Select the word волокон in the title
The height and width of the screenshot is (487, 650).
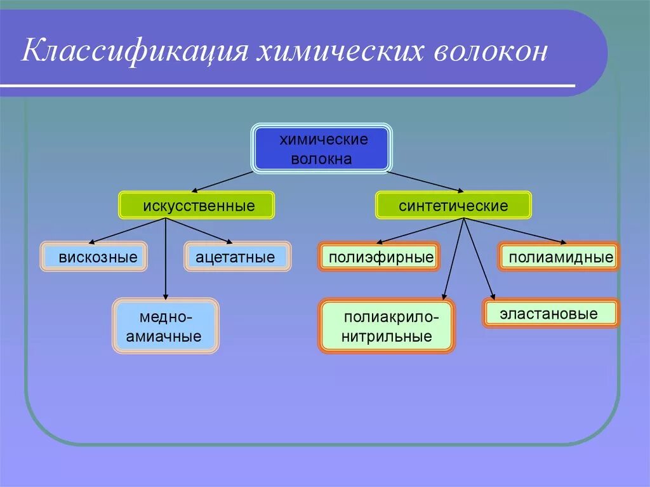(490, 51)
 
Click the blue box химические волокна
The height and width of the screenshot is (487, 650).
(322, 149)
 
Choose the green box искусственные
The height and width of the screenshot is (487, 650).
(197, 206)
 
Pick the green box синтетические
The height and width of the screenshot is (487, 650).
(453, 206)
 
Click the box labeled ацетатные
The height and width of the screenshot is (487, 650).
(237, 257)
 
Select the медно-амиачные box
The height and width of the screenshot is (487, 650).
(166, 326)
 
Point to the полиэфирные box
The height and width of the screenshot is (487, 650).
(379, 257)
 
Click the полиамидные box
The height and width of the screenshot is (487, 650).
(559, 257)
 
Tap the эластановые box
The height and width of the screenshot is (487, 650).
(550, 314)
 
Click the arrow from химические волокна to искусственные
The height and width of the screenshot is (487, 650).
(222, 181)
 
